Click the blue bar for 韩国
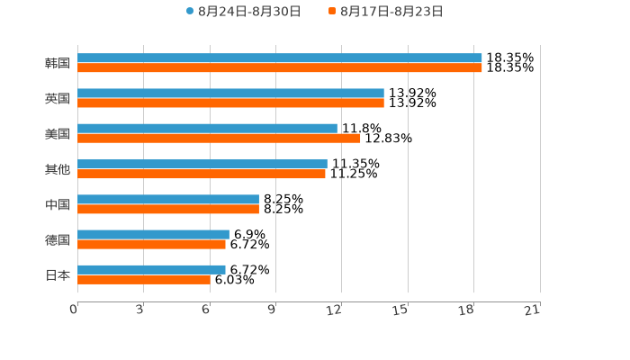(x=280, y=58)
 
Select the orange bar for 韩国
(x=280, y=67)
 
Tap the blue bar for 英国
(x=230, y=93)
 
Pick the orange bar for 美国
(x=219, y=139)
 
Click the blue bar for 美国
(x=207, y=129)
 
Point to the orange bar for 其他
(x=202, y=174)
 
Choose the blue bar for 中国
(x=168, y=199)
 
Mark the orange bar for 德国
(x=151, y=244)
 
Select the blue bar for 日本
(x=151, y=269)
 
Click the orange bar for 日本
(x=144, y=280)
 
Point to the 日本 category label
(x=58, y=274)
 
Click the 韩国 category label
(x=58, y=63)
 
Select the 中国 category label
(x=58, y=204)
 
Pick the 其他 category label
(x=58, y=169)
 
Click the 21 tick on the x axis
(x=533, y=310)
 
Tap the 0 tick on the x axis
(x=75, y=310)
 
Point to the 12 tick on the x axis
(x=335, y=310)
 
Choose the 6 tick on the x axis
(x=206, y=310)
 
